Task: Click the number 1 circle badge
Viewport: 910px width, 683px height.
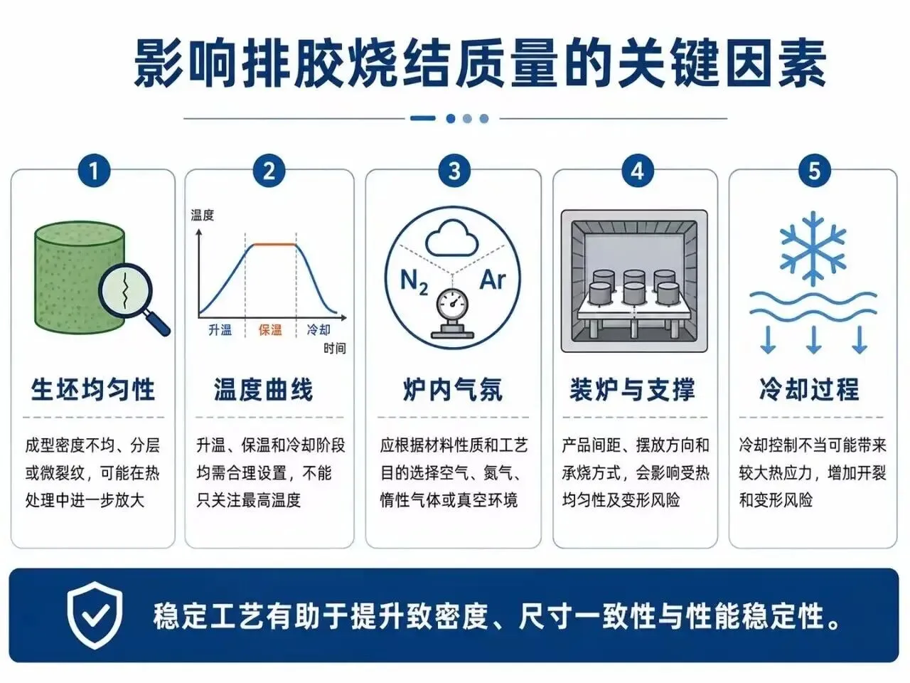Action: coord(94,171)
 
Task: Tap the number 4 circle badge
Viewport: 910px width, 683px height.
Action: coord(637,171)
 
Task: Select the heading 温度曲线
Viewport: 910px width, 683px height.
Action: coord(263,389)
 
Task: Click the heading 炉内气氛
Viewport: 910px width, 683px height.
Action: coord(453,389)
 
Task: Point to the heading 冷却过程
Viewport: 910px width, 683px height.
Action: coord(809,389)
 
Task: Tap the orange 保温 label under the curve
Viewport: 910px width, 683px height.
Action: coord(270,330)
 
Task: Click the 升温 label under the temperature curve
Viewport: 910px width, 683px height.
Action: coord(220,330)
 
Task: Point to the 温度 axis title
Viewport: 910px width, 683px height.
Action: coord(203,216)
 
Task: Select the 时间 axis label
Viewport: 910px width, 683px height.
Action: coord(335,349)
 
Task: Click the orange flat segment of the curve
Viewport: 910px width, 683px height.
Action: coord(275,244)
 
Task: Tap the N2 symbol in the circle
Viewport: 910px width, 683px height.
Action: coord(414,282)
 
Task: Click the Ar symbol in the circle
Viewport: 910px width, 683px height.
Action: coord(493,280)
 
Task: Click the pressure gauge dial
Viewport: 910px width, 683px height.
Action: coord(451,305)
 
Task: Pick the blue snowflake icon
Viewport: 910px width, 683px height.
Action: coord(813,248)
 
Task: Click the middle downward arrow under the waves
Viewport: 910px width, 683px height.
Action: coord(814,340)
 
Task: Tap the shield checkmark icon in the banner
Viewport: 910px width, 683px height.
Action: coord(95,615)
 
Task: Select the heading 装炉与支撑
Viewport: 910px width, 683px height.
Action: coord(632,389)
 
